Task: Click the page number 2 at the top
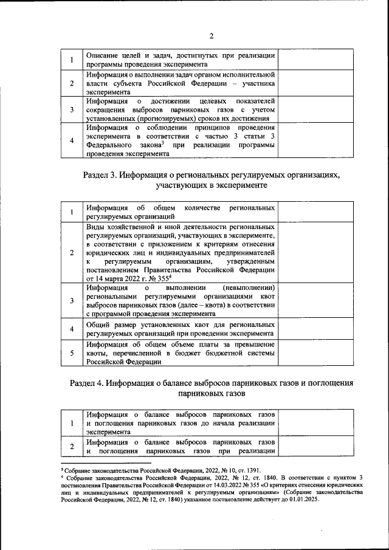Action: click(194, 35)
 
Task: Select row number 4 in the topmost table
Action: click(72, 141)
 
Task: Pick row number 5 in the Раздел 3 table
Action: click(72, 353)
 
